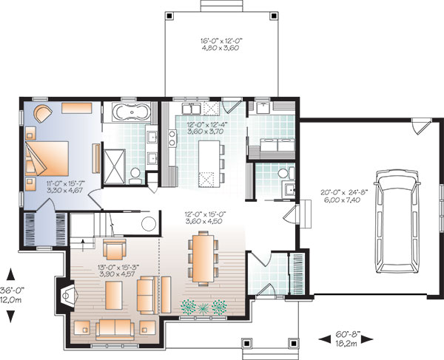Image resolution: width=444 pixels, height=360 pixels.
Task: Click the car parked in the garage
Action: point(397,222)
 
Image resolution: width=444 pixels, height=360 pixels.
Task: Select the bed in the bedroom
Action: point(47,158)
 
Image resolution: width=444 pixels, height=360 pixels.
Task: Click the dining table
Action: point(203,258)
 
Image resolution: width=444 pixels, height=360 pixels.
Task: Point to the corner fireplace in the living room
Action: point(67,296)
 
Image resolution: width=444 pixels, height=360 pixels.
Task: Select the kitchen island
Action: point(209,164)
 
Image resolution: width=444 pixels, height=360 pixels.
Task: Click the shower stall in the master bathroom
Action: point(114,167)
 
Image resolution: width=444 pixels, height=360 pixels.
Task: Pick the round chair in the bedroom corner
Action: point(43,113)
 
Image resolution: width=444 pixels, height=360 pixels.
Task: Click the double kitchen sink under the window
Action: point(192,109)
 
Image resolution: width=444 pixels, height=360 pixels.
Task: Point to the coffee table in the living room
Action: point(113,295)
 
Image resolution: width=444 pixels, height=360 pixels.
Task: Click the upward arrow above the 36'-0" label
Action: point(11,274)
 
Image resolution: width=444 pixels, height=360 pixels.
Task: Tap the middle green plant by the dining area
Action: point(203,308)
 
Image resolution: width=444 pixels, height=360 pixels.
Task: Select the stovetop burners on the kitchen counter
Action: point(172,137)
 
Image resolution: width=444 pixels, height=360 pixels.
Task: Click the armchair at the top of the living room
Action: point(115,249)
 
